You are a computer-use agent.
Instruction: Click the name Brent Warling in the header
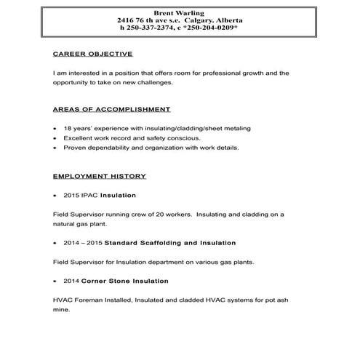pyautogui.click(x=179, y=12)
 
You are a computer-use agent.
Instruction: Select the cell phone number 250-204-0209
pyautogui.click(x=215, y=27)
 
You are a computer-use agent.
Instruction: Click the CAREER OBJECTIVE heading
pyautogui.click(x=92, y=54)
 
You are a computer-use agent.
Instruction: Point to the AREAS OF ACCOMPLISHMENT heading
pyautogui.click(x=112, y=109)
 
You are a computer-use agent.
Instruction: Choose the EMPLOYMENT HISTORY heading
pyautogui.click(x=100, y=176)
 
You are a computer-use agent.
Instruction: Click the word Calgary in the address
pyautogui.click(x=196, y=20)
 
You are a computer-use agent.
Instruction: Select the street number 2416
pyautogui.click(x=124, y=20)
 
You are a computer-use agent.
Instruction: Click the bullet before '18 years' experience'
pyautogui.click(x=56, y=129)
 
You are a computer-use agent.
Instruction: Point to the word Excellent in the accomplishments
pyautogui.click(x=79, y=137)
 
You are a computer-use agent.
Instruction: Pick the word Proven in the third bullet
pyautogui.click(x=75, y=148)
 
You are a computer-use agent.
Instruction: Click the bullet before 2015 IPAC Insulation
pyautogui.click(x=56, y=196)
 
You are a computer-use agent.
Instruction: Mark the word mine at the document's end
pyautogui.click(x=62, y=310)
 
